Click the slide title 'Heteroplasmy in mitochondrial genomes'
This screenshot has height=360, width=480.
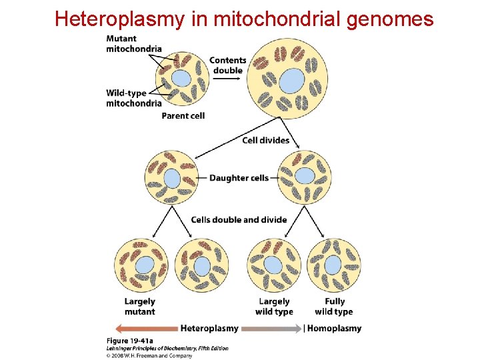click(244, 19)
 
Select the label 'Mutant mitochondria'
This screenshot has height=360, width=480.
click(133, 43)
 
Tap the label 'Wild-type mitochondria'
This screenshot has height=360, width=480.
click(133, 98)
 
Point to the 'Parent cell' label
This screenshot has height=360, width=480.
click(183, 115)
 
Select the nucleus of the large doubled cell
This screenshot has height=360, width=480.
click(291, 81)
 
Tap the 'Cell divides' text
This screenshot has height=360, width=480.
click(265, 140)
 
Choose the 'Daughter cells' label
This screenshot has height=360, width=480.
click(239, 178)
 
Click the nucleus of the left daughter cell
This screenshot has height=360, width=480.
click(172, 178)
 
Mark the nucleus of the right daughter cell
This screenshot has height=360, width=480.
click(305, 176)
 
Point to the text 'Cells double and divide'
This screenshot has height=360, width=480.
click(239, 219)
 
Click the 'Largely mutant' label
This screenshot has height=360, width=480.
click(140, 307)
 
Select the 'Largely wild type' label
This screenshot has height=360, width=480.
click(274, 307)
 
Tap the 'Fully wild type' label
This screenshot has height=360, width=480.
click(333, 307)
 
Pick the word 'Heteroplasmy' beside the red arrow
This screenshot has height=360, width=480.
click(209, 328)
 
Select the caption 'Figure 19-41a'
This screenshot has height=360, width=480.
click(128, 341)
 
